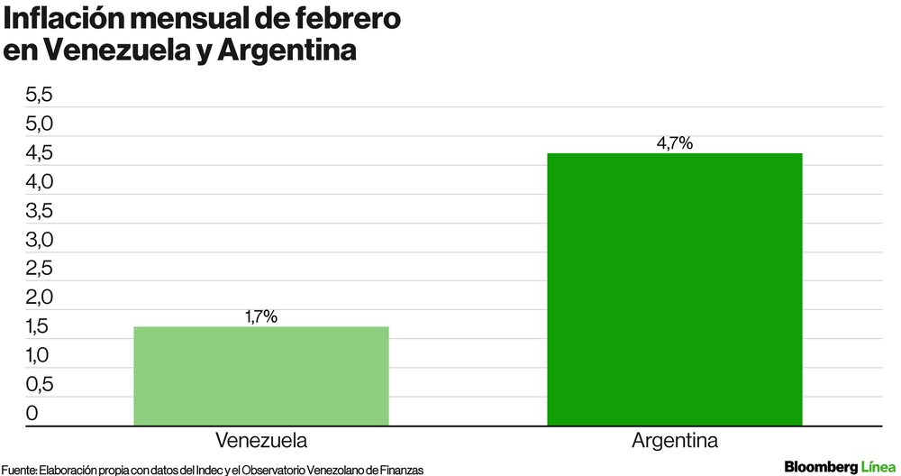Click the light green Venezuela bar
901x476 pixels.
click(261, 375)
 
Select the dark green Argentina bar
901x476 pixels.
click(674, 288)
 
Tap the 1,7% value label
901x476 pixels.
click(261, 316)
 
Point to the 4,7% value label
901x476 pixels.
click(674, 142)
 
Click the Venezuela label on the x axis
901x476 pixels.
click(261, 442)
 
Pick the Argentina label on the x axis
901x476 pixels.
click(674, 442)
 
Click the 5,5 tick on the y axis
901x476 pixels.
click(40, 96)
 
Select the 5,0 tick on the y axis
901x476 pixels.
click(40, 124)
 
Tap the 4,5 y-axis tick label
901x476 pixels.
click(40, 153)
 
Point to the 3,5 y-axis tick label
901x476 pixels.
click(40, 212)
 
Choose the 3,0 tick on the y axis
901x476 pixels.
click(40, 240)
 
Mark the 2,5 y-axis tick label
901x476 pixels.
click(40, 269)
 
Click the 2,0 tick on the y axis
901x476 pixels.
click(40, 297)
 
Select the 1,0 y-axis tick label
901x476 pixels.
click(40, 356)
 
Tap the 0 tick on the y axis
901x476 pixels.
click(32, 414)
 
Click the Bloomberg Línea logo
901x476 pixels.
click(840, 466)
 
